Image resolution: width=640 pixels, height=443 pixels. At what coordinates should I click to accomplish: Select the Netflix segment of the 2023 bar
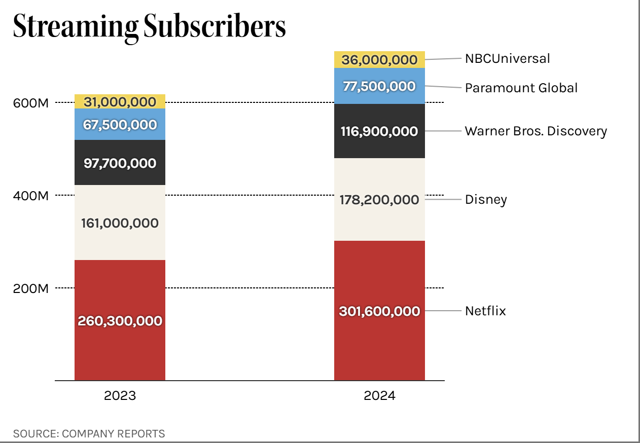[120, 320]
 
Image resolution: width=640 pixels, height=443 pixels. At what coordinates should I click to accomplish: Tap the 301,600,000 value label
[379, 311]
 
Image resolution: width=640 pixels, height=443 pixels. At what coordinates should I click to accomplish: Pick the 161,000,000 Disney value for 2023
[120, 223]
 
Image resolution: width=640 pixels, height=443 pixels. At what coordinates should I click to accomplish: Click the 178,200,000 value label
[379, 200]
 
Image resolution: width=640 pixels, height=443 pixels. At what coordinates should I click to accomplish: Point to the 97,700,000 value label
[120, 163]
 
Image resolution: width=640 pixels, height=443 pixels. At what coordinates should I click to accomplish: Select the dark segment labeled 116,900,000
[379, 131]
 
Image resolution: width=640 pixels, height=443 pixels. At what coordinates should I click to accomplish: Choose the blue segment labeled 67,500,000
[120, 125]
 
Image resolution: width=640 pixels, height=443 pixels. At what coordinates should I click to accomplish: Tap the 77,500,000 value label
[379, 86]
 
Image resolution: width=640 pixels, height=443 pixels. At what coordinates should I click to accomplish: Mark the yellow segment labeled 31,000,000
[120, 102]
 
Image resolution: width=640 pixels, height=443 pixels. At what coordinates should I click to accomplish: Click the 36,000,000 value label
[379, 60]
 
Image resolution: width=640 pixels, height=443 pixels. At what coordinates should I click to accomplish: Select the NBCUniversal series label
[507, 58]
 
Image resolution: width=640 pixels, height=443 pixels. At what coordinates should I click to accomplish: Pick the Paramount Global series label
[521, 88]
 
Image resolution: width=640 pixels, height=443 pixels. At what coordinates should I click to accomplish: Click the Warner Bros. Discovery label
[536, 131]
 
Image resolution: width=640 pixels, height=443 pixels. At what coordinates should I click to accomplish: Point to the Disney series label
[486, 199]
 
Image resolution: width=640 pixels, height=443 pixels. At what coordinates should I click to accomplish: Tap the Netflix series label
[485, 311]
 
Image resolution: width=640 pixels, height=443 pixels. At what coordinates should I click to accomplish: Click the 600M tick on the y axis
[30, 102]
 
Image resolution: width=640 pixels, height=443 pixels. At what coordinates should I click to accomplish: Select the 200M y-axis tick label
[30, 288]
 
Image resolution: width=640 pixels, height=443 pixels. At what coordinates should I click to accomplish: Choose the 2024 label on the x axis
[379, 396]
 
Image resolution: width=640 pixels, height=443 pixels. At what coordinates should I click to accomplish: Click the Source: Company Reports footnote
[89, 433]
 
